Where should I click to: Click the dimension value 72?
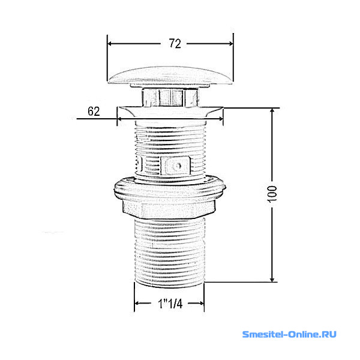point(175,43)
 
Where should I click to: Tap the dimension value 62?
point(94,112)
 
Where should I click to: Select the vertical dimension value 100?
point(272,194)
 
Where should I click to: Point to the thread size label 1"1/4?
point(170,304)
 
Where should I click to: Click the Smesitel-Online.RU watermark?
point(289,334)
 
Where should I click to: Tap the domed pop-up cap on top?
point(170,76)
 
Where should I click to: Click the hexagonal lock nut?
point(169,209)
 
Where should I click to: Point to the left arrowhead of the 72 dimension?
point(110,43)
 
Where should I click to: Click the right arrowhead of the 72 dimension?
point(230,43)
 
